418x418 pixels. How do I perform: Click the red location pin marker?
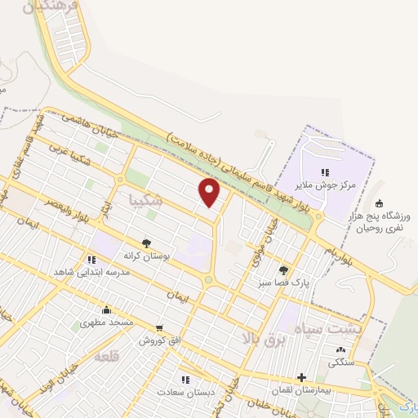[x=211, y=193]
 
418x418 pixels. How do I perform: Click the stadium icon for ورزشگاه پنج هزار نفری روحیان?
[x=379, y=204]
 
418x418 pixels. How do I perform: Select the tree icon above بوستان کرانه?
[x=146, y=243]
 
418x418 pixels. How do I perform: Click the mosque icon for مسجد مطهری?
[x=106, y=309]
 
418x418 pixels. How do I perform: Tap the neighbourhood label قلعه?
[x=107, y=357]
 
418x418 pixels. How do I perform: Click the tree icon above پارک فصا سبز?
[x=283, y=270]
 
